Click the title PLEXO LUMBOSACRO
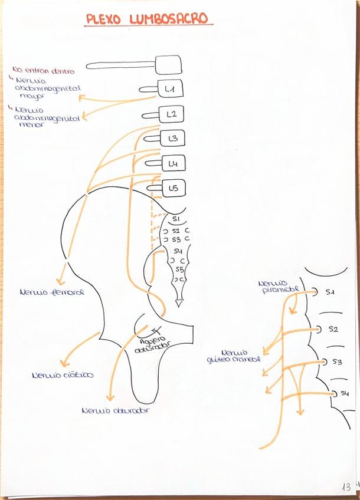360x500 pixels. pos(148,19)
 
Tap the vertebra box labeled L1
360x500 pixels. pos(171,89)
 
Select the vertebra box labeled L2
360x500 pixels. pos(172,114)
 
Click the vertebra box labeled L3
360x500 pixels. pos(173,139)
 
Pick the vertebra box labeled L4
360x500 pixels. pos(174,163)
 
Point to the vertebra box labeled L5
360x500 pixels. pos(174,189)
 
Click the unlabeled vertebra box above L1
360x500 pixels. pos(168,64)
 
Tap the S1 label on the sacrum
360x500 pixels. pos(175,219)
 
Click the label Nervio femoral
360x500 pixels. pos(51,292)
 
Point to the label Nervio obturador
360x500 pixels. pos(115,410)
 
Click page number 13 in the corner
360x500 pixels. pos(346,486)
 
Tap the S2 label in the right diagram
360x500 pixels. pos(333,329)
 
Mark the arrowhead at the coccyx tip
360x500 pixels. pos(179,303)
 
